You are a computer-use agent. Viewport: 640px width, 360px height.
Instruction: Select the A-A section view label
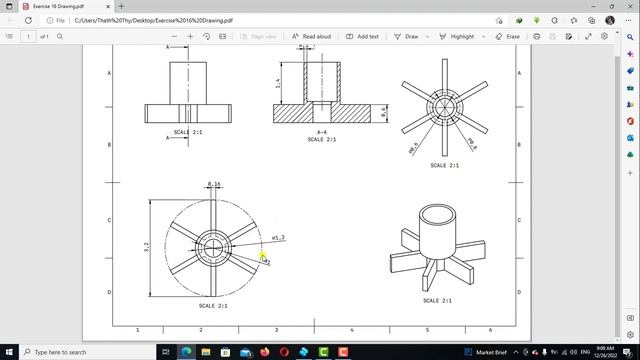[322, 131]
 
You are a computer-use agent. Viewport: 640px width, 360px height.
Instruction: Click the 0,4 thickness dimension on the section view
[385, 112]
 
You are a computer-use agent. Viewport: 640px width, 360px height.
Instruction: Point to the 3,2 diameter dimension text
[147, 245]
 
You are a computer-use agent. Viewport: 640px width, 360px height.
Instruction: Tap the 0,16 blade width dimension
[214, 184]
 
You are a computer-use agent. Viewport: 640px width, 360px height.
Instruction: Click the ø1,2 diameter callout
[278, 238]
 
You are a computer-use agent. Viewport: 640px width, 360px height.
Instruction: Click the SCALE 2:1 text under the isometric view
[437, 300]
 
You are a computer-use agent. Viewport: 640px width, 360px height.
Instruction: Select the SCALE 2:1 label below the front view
[188, 132]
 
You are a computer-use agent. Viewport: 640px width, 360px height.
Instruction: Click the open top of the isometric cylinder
[436, 216]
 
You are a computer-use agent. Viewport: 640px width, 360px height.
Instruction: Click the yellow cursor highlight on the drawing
[263, 257]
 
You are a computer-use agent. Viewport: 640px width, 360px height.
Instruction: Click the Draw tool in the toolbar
[407, 36]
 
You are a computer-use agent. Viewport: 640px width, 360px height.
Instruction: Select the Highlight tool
[457, 36]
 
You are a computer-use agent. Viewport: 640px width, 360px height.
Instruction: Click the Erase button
[508, 36]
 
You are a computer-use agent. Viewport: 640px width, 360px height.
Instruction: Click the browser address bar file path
[154, 20]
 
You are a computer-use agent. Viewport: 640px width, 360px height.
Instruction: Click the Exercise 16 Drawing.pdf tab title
[59, 6]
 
